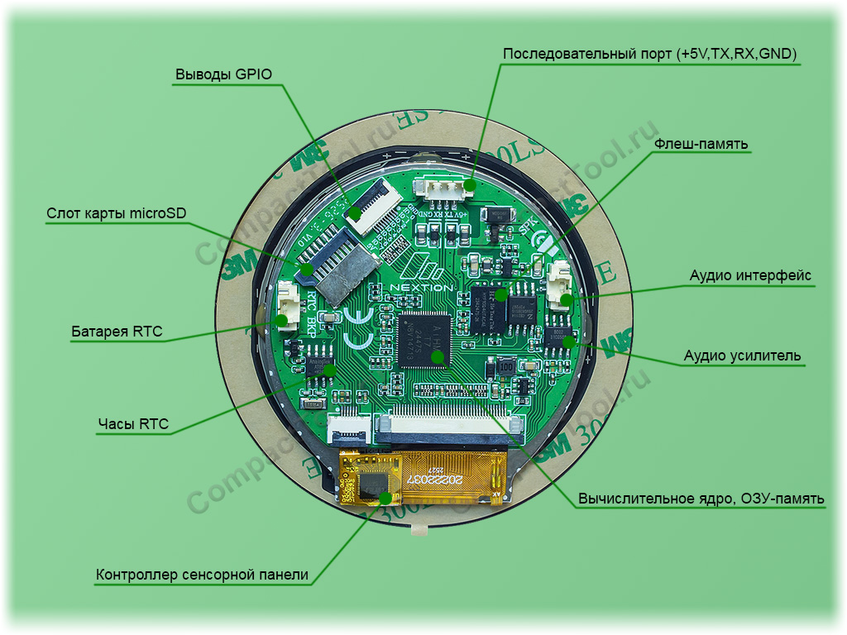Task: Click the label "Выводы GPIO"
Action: (x=223, y=74)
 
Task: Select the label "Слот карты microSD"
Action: (x=117, y=213)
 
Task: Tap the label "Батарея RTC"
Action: (x=117, y=332)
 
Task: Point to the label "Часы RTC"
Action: (x=133, y=424)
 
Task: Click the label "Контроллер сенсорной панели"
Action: (x=202, y=575)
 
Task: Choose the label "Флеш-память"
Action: (x=701, y=144)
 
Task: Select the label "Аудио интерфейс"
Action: (x=750, y=275)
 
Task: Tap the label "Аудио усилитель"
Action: (x=742, y=356)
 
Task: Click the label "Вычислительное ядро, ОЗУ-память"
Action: (x=701, y=499)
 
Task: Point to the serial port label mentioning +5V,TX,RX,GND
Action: (x=649, y=54)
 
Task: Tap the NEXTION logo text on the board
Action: (x=422, y=287)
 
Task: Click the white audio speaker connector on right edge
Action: (x=562, y=285)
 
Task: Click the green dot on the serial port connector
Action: (x=469, y=184)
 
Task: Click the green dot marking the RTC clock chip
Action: (x=329, y=370)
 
